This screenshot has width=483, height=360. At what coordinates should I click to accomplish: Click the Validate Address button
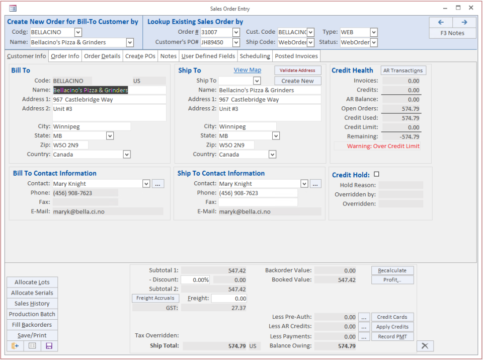pos(297,70)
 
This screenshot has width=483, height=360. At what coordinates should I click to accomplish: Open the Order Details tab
pos(102,56)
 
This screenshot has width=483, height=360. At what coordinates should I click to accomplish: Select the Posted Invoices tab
pos(296,56)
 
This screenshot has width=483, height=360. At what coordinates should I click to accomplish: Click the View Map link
pos(248,70)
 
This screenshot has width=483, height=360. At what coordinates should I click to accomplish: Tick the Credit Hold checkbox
pos(377,175)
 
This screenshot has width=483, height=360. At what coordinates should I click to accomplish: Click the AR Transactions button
pos(404,70)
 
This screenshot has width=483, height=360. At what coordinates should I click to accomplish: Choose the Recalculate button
pos(392,270)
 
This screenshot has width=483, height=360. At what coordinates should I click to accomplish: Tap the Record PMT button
pos(392,336)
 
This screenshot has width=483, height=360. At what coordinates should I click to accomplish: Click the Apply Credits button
pos(392,327)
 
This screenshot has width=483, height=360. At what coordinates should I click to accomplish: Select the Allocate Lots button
pos(32,282)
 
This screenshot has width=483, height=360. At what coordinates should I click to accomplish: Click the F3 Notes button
pos(452,33)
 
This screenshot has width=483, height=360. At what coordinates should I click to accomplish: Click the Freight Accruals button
pos(155,298)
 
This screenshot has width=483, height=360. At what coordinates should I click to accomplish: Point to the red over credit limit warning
pos(383,146)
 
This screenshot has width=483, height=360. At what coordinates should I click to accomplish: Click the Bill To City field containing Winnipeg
pos(91,127)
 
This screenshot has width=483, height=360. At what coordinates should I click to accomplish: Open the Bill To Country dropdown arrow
pos(127,155)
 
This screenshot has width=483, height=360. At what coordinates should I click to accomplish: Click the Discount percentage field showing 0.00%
pos(195,280)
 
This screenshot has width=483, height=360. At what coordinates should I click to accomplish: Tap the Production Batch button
pos(32,314)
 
